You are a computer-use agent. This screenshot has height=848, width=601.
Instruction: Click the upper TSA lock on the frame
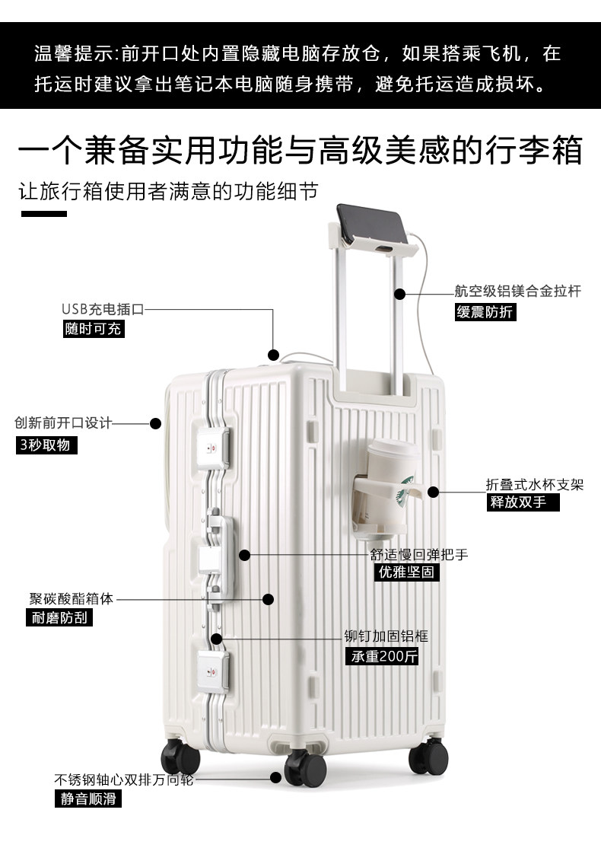coord(213,448)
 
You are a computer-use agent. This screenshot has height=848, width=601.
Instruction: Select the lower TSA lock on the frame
coord(213,671)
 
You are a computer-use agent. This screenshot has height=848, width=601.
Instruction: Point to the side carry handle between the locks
coord(218,558)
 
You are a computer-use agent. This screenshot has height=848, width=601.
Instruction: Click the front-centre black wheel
coord(305,767)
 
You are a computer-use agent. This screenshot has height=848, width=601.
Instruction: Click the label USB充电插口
coord(103,309)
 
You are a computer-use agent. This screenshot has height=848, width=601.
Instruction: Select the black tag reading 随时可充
coord(94,329)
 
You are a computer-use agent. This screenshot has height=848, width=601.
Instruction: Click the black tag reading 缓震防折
coord(485,312)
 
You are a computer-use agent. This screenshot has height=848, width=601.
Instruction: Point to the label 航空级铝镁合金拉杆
coord(518,292)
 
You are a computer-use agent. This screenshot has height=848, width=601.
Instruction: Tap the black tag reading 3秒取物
coord(46,445)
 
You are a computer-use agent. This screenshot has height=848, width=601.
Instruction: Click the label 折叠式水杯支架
coord(535,485)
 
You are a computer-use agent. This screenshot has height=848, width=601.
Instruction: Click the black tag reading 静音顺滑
coord(88,799)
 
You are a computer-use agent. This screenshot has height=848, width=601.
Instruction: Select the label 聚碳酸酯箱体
coord(72,598)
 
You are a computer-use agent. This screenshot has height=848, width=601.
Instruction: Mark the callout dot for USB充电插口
coord(273,355)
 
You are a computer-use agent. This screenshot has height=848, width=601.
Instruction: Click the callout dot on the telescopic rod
coord(399,294)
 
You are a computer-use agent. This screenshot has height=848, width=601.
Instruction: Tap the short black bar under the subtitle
coord(44,214)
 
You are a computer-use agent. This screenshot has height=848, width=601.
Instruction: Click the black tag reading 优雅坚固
coord(406,572)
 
